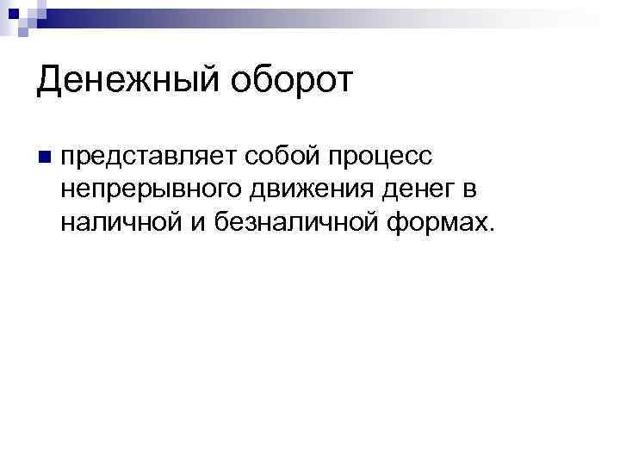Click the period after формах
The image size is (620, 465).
click(493, 229)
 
